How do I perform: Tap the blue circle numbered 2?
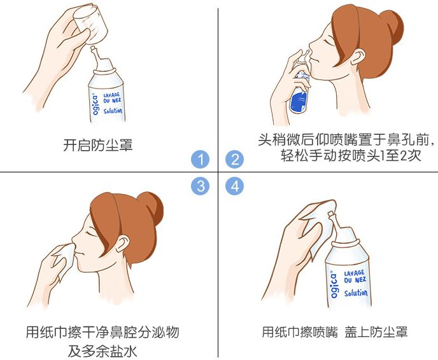236,159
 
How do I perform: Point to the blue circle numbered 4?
236,186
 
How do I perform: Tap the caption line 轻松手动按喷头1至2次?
351,156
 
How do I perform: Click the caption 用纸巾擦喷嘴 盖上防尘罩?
334,332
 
